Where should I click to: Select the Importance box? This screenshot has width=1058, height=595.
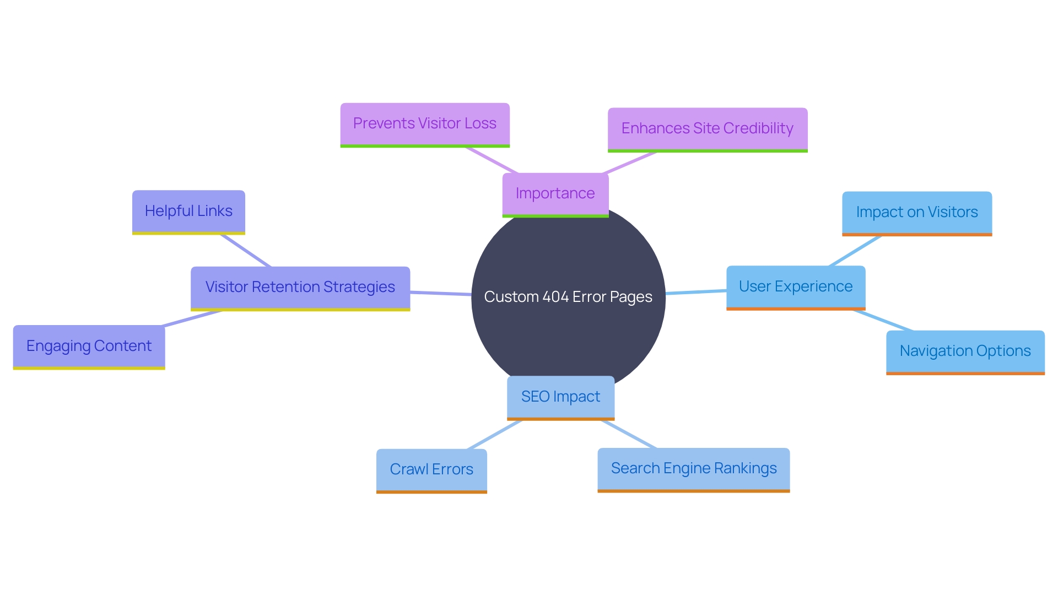[555, 194]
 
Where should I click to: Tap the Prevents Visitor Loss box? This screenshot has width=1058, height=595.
[425, 124]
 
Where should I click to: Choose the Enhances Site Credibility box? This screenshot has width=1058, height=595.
[707, 129]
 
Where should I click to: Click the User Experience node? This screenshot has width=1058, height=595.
[795, 287]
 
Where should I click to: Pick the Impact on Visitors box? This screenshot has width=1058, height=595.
[916, 213]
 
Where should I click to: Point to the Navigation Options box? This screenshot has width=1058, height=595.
[965, 351]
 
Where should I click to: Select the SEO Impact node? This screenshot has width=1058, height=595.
[560, 397]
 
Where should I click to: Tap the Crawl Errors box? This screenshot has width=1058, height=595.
[431, 470]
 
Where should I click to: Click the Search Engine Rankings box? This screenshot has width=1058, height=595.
[693, 469]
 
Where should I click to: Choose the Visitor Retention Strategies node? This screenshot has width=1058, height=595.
[300, 288]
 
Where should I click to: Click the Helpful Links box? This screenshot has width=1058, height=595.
[188, 212]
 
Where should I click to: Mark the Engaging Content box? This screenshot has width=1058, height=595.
[89, 347]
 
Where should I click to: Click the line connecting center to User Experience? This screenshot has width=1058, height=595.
[696, 292]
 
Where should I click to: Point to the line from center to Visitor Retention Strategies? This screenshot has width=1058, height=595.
[441, 293]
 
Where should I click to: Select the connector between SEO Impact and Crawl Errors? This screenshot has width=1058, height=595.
[494, 435]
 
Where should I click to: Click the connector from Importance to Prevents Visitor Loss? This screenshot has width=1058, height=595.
[492, 160]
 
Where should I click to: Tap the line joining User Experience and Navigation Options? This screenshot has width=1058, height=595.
[883, 321]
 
